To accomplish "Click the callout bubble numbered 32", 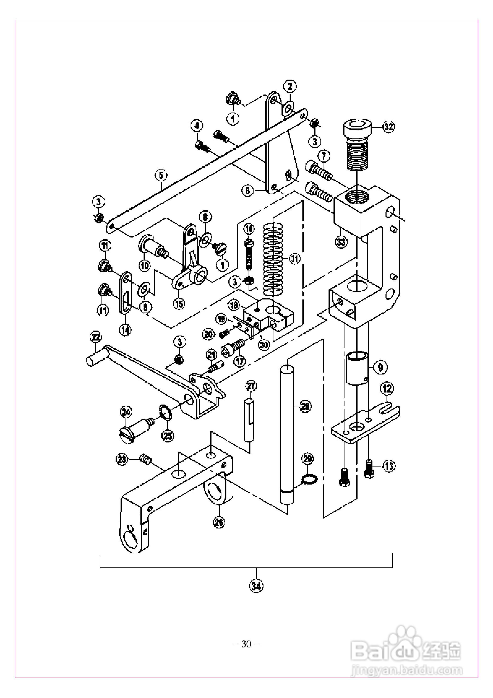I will (388, 126).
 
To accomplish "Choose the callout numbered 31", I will (294, 258).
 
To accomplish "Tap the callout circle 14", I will (126, 329).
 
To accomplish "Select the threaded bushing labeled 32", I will (357, 149).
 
